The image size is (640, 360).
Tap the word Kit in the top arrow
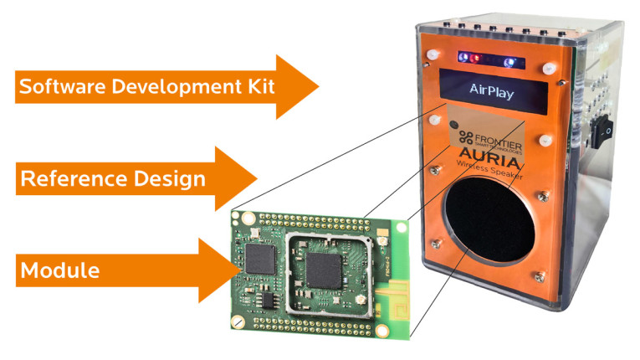click(x=254, y=86)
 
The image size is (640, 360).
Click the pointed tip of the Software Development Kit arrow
click(x=318, y=86)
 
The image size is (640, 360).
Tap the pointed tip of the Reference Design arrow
click(x=255, y=178)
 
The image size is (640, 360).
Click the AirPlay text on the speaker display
click(x=492, y=89)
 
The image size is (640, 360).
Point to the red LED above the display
click(x=477, y=59)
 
